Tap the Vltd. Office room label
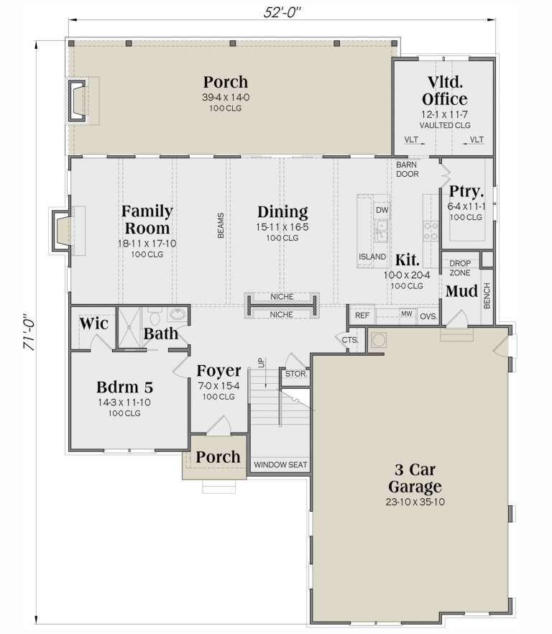point(444,91)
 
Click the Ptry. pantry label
point(466,192)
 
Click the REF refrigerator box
point(362,315)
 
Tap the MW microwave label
point(406,315)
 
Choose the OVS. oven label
point(428,315)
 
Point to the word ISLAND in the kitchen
point(372,257)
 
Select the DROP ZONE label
point(460,268)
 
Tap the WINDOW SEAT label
point(280,464)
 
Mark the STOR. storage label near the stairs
point(295,375)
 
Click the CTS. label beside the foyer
point(350,339)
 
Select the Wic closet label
point(93,323)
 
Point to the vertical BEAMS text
point(221,225)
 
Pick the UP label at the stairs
point(262,362)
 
